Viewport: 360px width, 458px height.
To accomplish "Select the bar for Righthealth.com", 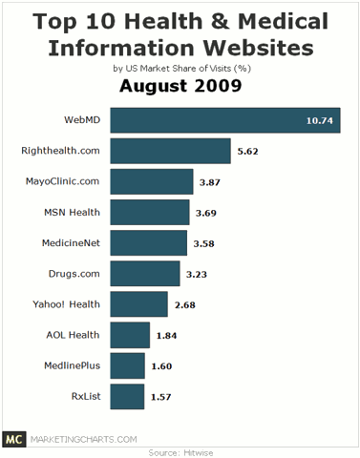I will [x=170, y=151].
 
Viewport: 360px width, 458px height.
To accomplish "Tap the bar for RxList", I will [x=127, y=395].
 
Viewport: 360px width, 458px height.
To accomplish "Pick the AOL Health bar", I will [x=130, y=334].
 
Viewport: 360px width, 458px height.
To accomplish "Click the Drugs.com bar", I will [x=145, y=273].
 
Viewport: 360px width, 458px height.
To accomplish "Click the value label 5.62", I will [x=247, y=151].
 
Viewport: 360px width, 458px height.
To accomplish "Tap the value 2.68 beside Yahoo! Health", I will [x=185, y=303].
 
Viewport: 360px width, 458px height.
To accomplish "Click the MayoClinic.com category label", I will [x=60, y=181].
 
